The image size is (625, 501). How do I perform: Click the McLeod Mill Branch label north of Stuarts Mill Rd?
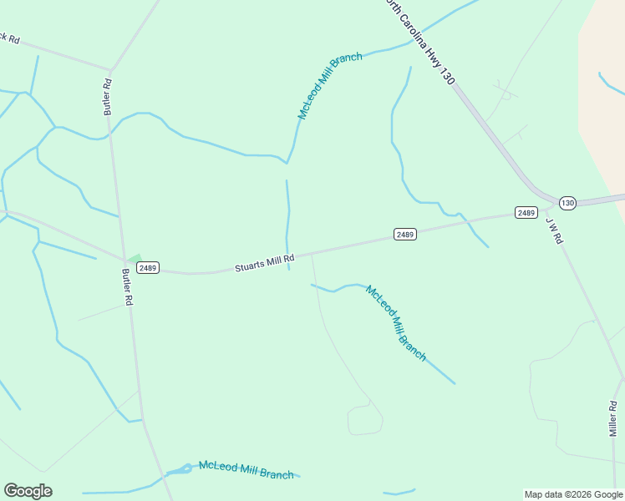pyautogui.click(x=329, y=85)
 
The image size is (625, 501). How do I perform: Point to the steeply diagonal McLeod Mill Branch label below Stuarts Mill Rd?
pyautogui.click(x=397, y=323)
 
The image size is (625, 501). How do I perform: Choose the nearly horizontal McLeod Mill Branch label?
pyautogui.click(x=246, y=469)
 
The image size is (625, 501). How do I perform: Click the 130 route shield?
pyautogui.click(x=567, y=203)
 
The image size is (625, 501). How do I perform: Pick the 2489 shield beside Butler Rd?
pyautogui.click(x=148, y=268)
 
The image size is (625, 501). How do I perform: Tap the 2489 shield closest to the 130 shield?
pyautogui.click(x=526, y=213)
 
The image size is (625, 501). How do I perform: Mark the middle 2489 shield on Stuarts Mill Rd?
pyautogui.click(x=405, y=235)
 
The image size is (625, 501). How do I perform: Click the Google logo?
pyautogui.click(x=28, y=491)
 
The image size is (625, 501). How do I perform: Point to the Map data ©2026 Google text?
pyautogui.click(x=573, y=494)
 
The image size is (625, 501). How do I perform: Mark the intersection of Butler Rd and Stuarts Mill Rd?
pyautogui.click(x=124, y=259)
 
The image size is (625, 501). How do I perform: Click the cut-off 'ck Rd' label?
pyautogui.click(x=9, y=38)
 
